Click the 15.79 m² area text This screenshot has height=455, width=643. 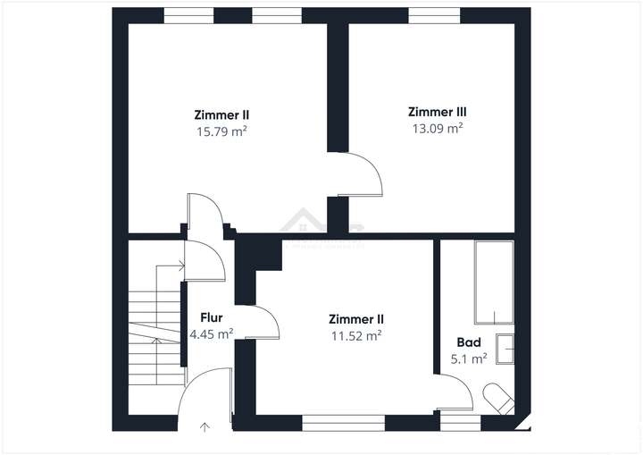click(x=221, y=131)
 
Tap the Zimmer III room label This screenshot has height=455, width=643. click(x=437, y=112)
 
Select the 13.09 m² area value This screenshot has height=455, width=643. click(x=437, y=128)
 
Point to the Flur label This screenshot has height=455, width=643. click(x=211, y=317)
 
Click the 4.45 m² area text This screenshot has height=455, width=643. click(x=211, y=333)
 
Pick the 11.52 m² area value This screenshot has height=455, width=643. click(x=356, y=335)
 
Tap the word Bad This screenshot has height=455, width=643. click(x=469, y=342)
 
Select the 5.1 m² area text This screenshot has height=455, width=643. click(x=469, y=358)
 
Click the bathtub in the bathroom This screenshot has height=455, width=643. click(x=494, y=281)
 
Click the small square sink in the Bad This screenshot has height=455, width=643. click(x=505, y=348)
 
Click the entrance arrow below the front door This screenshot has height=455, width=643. click(x=204, y=426)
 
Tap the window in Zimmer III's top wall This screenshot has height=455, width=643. click(x=434, y=15)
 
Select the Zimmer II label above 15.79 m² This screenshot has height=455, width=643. click(x=221, y=114)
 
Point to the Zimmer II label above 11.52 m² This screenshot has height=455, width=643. click(x=356, y=319)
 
